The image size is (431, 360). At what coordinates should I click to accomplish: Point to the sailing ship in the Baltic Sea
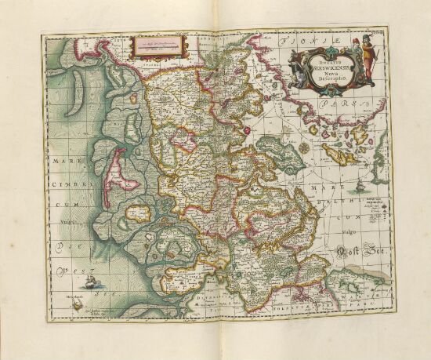click(360, 187)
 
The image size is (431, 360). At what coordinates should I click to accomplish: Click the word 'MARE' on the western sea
click(60, 163)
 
